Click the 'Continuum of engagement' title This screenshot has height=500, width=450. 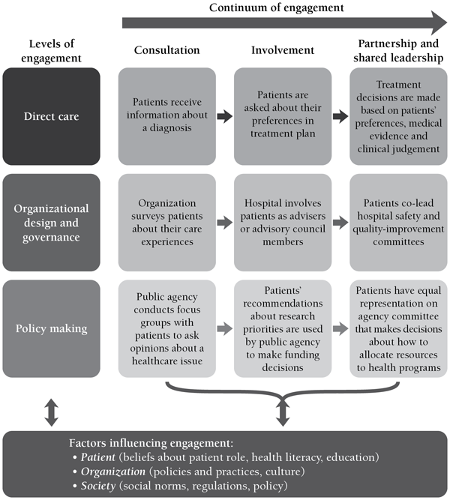pos(277,7)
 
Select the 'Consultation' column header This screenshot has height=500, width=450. pos(166,50)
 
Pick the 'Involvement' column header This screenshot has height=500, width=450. pos(282,50)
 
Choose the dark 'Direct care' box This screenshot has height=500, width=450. pos(51,115)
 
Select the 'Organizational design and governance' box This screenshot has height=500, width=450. pos(51,222)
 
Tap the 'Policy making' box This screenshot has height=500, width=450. pos(51,328)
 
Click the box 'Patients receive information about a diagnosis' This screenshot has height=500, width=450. pos(166,115)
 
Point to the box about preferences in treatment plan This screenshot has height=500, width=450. pos(282,115)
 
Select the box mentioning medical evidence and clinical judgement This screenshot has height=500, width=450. pos(397,115)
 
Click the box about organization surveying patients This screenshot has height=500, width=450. pos(166,222)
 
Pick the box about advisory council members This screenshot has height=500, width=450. pos(282,222)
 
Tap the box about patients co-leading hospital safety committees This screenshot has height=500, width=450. pos(397,222)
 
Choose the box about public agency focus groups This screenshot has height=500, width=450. pos(166,328)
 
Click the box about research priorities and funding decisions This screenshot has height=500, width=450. pos(282,328)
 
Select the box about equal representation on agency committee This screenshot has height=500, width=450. pos(397,328)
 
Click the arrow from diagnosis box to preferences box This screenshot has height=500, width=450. pos(224,116)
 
